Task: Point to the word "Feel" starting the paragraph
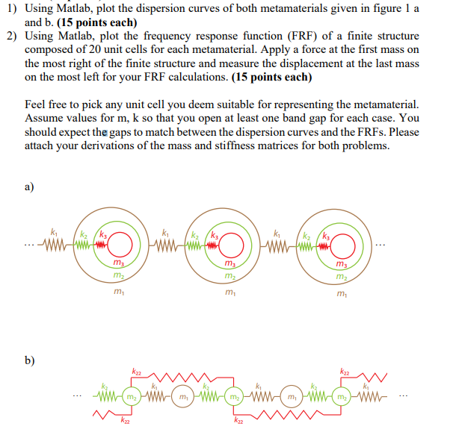[x=37, y=105]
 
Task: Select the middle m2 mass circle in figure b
[x=232, y=395]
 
